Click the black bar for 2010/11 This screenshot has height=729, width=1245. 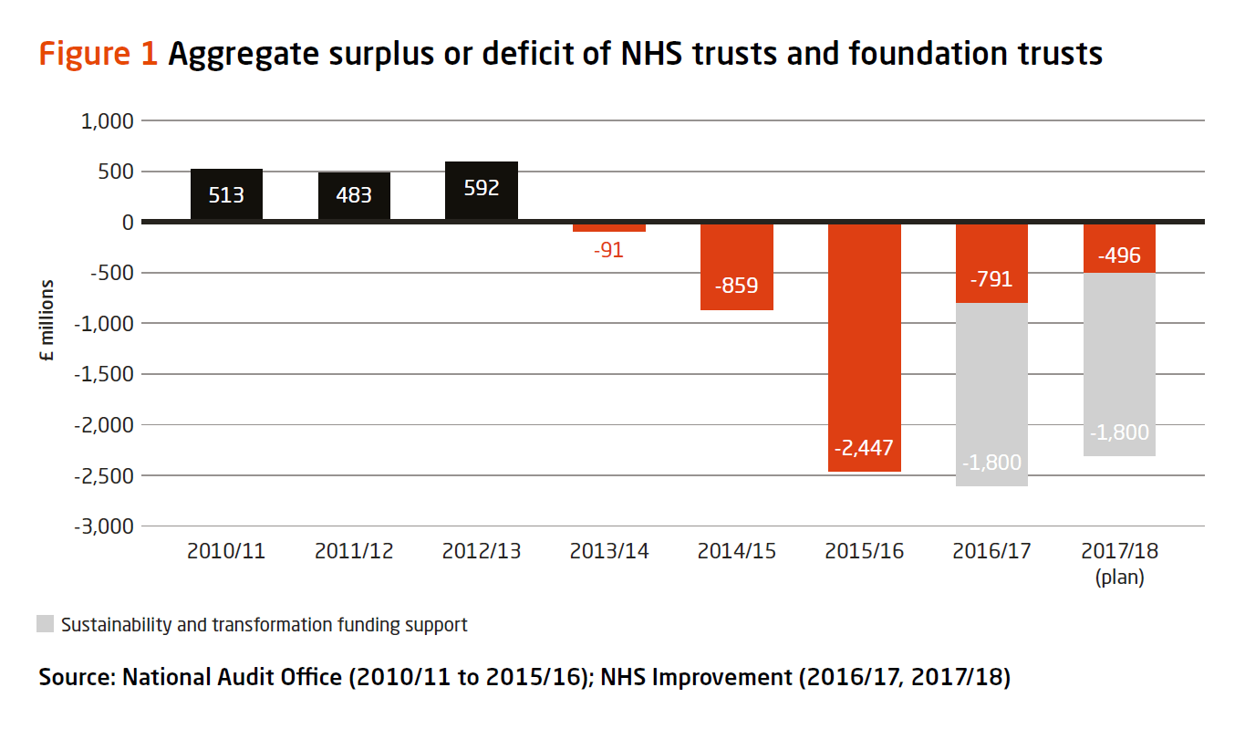point(226,194)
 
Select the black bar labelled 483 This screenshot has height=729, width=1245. point(354,195)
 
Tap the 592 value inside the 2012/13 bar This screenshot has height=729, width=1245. point(482,188)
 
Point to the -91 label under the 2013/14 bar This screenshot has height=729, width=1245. point(608,250)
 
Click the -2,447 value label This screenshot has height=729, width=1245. point(864,448)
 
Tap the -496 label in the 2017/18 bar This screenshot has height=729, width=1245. point(1119,255)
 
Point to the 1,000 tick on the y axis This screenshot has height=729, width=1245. point(108,121)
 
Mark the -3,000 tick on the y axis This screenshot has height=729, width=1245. point(103,526)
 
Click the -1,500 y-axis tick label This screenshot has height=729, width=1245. point(103,375)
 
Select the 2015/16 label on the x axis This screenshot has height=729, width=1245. point(864,552)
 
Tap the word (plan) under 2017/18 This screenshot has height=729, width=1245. point(1119,578)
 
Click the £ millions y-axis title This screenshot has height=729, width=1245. point(47,321)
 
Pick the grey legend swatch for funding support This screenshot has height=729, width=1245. point(46,625)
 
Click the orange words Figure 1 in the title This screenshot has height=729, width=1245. point(99,54)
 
